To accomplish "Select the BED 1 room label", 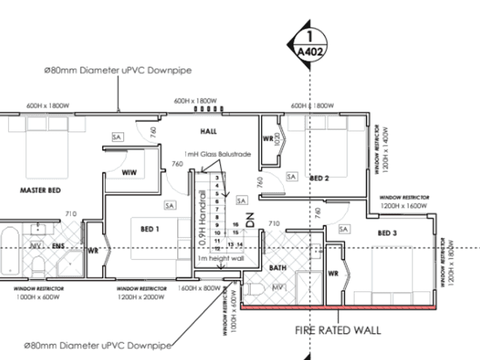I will (x=150, y=229).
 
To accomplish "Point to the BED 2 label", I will (x=320, y=177).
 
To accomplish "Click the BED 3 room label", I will (x=388, y=233).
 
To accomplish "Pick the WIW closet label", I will (x=130, y=172).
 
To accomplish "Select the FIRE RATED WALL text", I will (x=338, y=330).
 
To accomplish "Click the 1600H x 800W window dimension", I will (x=198, y=288).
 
